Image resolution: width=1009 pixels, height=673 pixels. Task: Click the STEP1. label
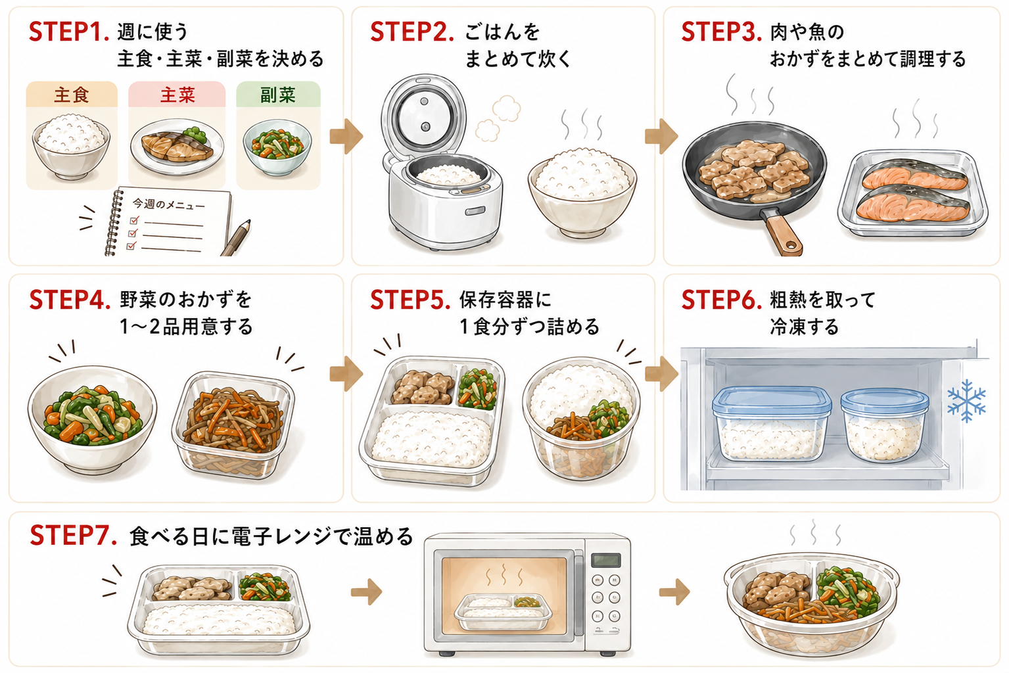(68, 32)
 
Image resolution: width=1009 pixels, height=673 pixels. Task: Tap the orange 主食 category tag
(72, 94)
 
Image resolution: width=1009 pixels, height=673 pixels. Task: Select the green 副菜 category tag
(278, 94)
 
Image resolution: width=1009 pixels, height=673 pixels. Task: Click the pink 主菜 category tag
(177, 94)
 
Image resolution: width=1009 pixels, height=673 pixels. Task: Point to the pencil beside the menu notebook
(235, 238)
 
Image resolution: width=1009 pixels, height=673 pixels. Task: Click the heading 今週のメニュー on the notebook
(169, 204)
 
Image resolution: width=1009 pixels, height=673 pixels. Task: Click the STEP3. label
(721, 32)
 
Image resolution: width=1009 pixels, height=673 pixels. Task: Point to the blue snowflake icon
(966, 400)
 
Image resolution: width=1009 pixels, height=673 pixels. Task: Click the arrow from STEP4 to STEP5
(346, 373)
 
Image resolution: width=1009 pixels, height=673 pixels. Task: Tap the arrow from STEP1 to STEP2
(346, 137)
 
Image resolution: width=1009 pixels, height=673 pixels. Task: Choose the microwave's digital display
(606, 560)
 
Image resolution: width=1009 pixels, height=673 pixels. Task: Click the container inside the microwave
(503, 612)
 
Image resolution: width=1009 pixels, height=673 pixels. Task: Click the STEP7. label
(74, 536)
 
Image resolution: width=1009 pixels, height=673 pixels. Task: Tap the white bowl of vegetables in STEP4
(92, 419)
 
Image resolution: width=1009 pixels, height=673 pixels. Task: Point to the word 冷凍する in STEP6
(804, 327)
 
